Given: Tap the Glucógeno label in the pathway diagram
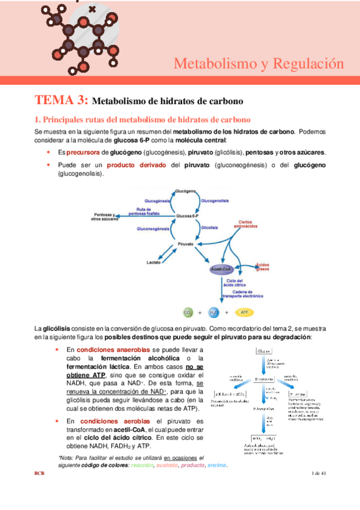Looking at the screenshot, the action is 185,191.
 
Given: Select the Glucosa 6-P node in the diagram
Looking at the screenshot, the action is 187,216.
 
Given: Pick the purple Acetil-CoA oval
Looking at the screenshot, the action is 222,269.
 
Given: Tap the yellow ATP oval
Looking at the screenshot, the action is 244,312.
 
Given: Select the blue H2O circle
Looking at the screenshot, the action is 215,312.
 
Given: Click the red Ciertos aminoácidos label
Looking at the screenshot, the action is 249,224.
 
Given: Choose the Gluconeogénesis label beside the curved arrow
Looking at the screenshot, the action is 153,229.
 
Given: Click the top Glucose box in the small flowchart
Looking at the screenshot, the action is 267,350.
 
